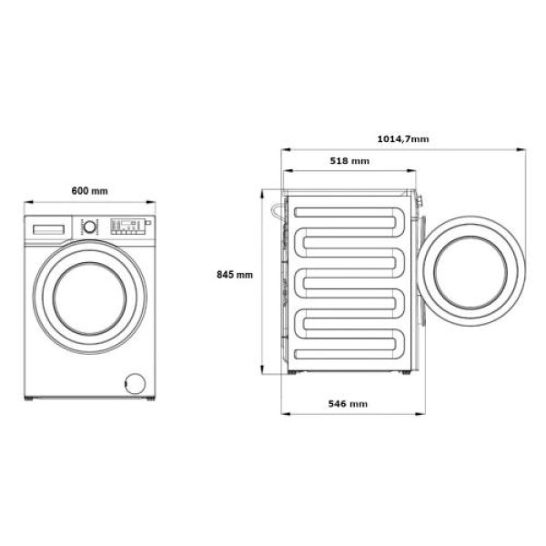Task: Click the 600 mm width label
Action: tap(89, 190)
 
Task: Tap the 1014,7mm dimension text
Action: tap(402, 138)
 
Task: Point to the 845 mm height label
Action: tap(234, 275)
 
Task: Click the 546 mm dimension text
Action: tap(347, 403)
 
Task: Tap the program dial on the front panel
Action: tap(90, 227)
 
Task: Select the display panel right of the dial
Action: tap(126, 226)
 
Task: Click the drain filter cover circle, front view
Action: tap(134, 382)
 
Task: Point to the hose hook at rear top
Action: tap(273, 208)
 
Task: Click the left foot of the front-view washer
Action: tap(30, 399)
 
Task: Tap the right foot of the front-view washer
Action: tap(147, 399)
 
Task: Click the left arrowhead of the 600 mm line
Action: tap(26, 202)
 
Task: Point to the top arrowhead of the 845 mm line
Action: tap(264, 192)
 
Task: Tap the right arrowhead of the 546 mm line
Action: tap(419, 414)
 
